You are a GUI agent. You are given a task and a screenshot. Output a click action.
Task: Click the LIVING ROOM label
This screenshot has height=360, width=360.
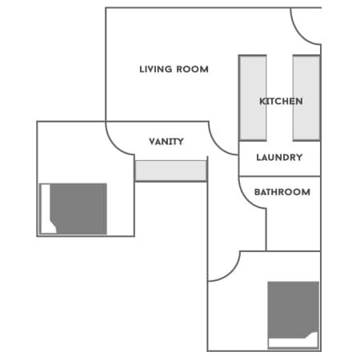click(174, 70)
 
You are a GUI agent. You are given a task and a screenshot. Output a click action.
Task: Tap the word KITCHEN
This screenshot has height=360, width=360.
click(281, 102)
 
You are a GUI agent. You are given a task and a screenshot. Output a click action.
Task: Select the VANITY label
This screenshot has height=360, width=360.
click(166, 142)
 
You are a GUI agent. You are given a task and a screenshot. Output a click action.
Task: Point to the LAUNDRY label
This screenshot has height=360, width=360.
click(279, 158)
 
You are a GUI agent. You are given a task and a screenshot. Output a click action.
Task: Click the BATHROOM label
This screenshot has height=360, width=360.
click(282, 192)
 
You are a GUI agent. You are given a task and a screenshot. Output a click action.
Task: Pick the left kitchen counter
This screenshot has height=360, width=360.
click(253, 98)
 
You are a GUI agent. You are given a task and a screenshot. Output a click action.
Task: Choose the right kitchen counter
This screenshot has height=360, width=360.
click(306, 98)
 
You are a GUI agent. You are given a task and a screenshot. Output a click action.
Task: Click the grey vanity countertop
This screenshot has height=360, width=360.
click(171, 171)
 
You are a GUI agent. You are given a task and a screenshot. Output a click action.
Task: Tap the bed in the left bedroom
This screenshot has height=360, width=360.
click(74, 209)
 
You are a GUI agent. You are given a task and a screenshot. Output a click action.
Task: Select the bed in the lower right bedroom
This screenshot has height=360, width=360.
click(294, 314)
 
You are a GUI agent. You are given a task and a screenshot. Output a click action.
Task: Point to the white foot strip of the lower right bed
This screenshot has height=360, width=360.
click(293, 342)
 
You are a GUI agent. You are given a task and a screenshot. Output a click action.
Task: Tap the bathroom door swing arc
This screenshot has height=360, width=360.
click(246, 198)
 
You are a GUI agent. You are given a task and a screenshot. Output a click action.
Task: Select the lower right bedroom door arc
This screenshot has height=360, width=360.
click(231, 273)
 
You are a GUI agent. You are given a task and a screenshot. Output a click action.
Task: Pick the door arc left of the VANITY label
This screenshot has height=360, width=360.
click(114, 146)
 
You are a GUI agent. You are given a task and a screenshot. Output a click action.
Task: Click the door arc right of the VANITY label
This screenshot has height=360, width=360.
click(217, 146)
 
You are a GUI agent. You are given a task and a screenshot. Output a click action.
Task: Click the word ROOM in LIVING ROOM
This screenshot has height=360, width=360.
click(192, 70)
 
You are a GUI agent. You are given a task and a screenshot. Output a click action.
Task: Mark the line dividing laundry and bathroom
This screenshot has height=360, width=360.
click(279, 176)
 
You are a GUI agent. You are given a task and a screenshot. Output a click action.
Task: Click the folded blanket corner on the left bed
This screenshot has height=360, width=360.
click(54, 226)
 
